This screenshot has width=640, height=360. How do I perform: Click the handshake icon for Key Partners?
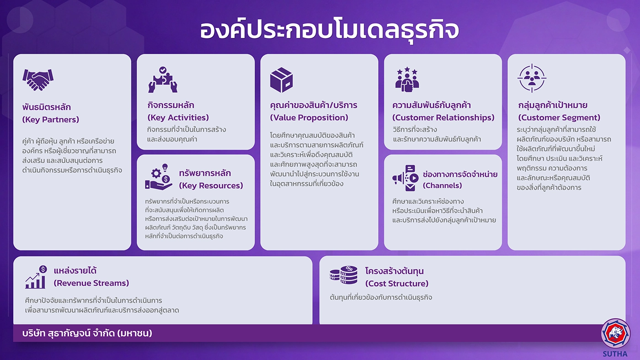coord(38,79)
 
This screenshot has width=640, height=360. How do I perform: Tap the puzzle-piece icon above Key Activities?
coord(163,79)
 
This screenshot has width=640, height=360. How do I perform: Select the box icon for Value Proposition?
coord(282,80)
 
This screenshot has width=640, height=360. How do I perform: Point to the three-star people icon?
coord(407,79)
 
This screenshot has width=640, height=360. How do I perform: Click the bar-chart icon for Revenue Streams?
coord(36,277)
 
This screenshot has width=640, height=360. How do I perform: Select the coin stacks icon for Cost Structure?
coord(343,275)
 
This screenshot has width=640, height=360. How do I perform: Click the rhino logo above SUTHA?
coord(615,334)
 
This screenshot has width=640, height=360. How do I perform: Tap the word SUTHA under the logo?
coord(615,354)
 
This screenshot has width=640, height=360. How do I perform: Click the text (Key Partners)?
coord(51,120)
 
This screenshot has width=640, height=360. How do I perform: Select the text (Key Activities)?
coord(178,117)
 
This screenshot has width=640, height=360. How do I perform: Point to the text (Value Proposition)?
coord(309,117)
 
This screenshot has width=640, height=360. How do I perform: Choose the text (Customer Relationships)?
coord(443,117)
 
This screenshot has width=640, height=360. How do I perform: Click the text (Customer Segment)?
coord(559,117)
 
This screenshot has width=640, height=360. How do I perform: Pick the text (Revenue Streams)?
coord(91,283)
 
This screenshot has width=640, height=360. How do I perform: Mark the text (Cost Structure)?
coord(397,284)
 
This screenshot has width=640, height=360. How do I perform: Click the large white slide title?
coord(329,30)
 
